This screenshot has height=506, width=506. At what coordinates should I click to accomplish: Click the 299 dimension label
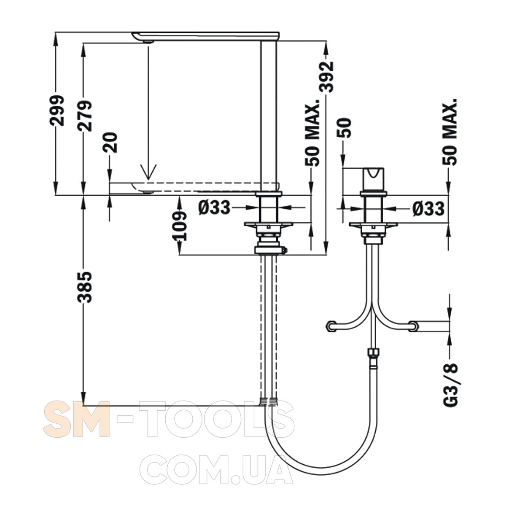pos(57,110)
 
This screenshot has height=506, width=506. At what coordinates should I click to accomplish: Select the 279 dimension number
pos(85,116)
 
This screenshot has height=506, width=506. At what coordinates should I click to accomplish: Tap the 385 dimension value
pos(85,287)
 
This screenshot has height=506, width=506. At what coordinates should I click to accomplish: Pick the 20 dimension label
pos(110,143)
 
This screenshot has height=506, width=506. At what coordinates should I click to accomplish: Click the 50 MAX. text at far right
pos(449,132)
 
